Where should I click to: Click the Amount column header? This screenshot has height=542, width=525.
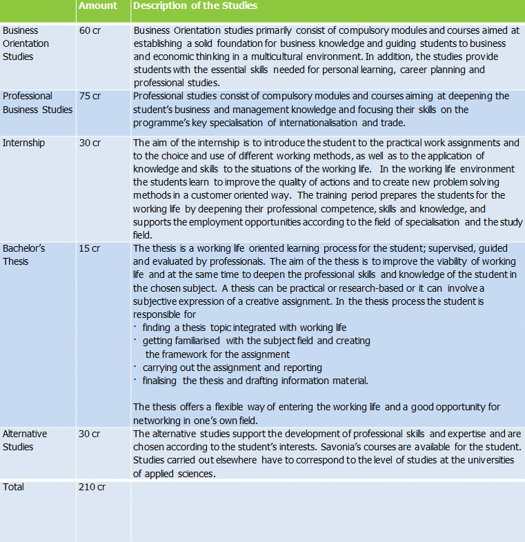point(97,6)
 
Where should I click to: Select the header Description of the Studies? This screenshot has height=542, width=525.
point(195,6)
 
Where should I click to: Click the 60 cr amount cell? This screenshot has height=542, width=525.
point(90,31)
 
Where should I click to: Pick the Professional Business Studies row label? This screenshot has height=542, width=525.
point(37,103)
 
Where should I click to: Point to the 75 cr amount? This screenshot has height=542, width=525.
point(90,97)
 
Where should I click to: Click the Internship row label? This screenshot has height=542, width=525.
point(23,143)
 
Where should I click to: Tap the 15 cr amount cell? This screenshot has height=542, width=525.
point(90,248)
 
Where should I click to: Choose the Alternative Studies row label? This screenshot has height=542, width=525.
point(25,440)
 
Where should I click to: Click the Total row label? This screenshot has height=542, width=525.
point(13,487)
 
